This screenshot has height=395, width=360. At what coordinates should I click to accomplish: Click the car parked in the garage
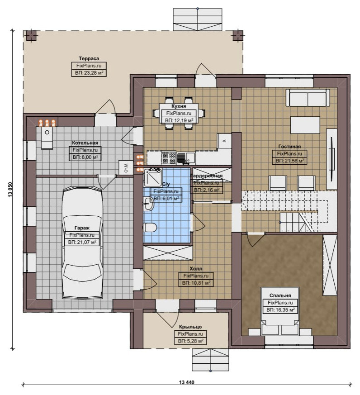click(82, 243)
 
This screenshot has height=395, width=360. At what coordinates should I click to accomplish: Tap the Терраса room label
click(89, 58)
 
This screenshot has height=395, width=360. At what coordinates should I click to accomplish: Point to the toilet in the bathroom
click(150, 228)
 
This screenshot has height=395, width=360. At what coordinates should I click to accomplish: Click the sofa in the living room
click(308, 98)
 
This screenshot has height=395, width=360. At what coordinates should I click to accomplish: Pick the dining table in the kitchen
click(179, 114)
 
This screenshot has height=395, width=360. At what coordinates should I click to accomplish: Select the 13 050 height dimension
click(10, 190)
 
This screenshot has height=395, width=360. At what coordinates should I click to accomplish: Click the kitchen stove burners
click(168, 158)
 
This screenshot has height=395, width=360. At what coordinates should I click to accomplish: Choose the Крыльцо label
click(190, 327)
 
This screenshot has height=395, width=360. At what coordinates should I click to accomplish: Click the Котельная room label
click(85, 143)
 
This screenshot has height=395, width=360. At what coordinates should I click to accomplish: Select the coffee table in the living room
click(305, 125)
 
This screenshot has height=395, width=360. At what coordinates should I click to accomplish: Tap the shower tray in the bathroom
click(152, 177)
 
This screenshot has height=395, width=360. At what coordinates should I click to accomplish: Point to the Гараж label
click(82, 228)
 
